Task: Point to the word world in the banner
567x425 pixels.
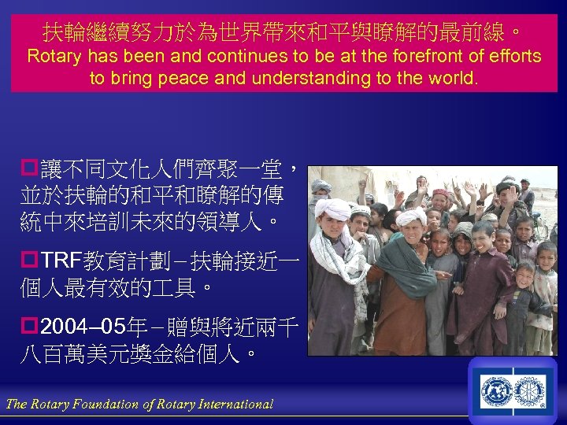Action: [451, 78]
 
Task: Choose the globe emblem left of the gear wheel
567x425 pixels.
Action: [497, 390]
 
